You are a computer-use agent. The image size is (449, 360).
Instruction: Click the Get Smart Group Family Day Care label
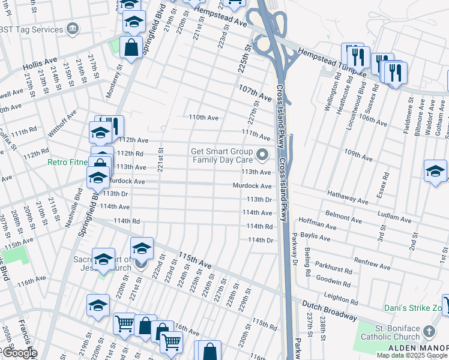(222, 156)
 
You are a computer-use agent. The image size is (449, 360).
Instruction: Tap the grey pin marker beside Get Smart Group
(262, 155)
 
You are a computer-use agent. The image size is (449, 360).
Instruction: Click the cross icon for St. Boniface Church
(429, 331)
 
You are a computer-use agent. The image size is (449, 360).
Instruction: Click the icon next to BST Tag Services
(73, 29)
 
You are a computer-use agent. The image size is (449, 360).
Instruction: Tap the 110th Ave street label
(203, 118)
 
